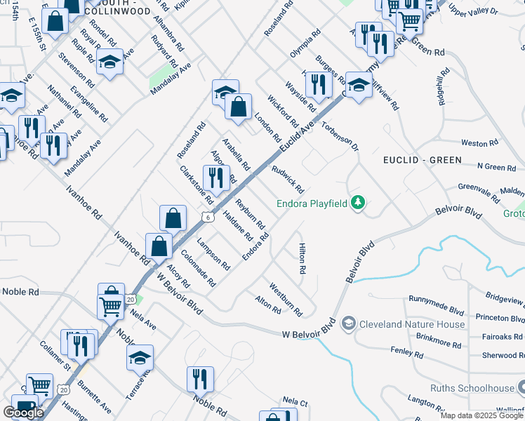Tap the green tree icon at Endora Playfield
tap(359, 203)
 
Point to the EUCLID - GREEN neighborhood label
tap(423, 160)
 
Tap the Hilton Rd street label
tap(303, 259)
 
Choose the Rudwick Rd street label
tap(288, 180)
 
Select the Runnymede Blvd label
tap(437, 306)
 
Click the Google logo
tap(23, 413)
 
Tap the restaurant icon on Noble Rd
tap(201, 378)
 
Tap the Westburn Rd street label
tap(286, 299)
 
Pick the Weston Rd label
tap(479, 143)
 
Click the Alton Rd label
tap(268, 304)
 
